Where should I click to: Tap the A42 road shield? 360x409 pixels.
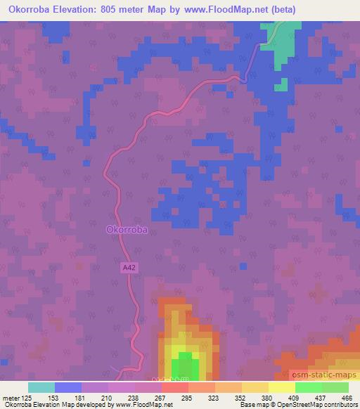pyautogui.click(x=128, y=267)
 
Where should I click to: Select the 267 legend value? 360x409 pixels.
pyautogui.click(x=160, y=398)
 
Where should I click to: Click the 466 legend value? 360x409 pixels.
pyautogui.click(x=347, y=398)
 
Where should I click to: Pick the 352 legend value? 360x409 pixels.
pyautogui.click(x=240, y=398)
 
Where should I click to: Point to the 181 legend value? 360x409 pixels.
pyautogui.click(x=80, y=398)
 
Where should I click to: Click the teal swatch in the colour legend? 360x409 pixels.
pyautogui.click(x=41, y=388)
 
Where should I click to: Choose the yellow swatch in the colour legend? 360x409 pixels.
pyautogui.click(x=281, y=388)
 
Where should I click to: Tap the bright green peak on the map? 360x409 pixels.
pyautogui.click(x=184, y=365)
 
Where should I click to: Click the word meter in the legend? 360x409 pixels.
pyautogui.click(x=10, y=398)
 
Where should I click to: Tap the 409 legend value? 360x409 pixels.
pyautogui.click(x=294, y=398)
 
